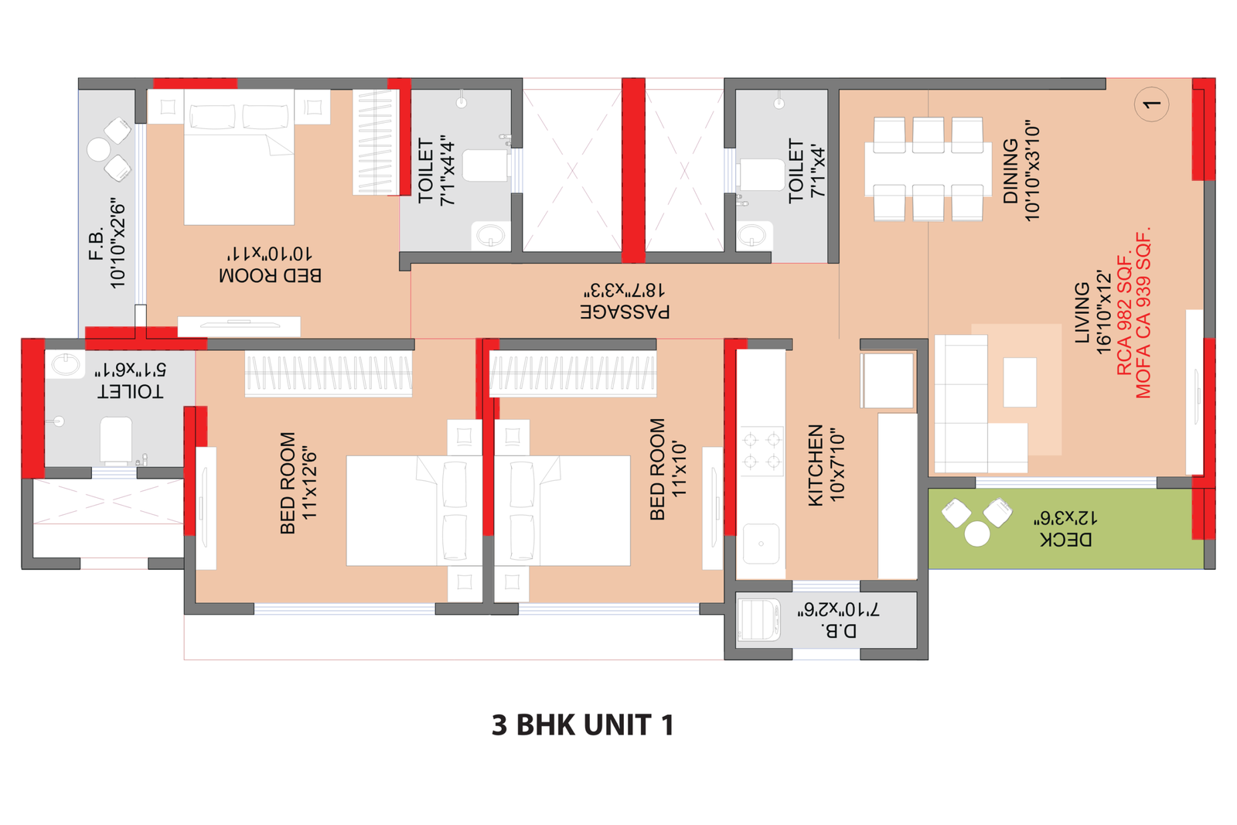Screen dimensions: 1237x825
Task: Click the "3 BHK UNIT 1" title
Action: [x=583, y=725]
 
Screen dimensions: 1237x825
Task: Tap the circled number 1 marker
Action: [x=1151, y=104]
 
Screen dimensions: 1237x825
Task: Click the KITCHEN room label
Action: [x=815, y=465]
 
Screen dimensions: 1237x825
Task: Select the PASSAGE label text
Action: [x=625, y=312]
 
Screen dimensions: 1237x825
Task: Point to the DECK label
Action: [x=1066, y=540]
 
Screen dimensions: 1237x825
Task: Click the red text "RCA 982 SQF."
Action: [x=1124, y=315]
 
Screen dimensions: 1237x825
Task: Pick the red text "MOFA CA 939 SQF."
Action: [x=1143, y=312]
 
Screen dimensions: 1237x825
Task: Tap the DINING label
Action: [x=1010, y=171]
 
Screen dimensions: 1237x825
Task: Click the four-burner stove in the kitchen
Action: [x=762, y=451]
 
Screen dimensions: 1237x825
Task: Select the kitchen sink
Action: [x=761, y=544]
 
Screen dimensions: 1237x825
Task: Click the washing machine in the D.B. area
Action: [x=758, y=619]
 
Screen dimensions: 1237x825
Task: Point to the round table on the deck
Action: [x=977, y=534]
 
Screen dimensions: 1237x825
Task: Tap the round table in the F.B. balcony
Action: [x=99, y=150]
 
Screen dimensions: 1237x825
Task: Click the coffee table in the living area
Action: [x=1020, y=382]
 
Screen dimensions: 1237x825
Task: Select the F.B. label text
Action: [x=97, y=243]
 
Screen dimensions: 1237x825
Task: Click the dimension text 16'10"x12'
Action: [x=1102, y=312]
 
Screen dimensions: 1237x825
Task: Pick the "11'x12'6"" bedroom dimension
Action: [x=309, y=484]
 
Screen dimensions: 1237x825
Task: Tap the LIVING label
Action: [x=1082, y=312]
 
